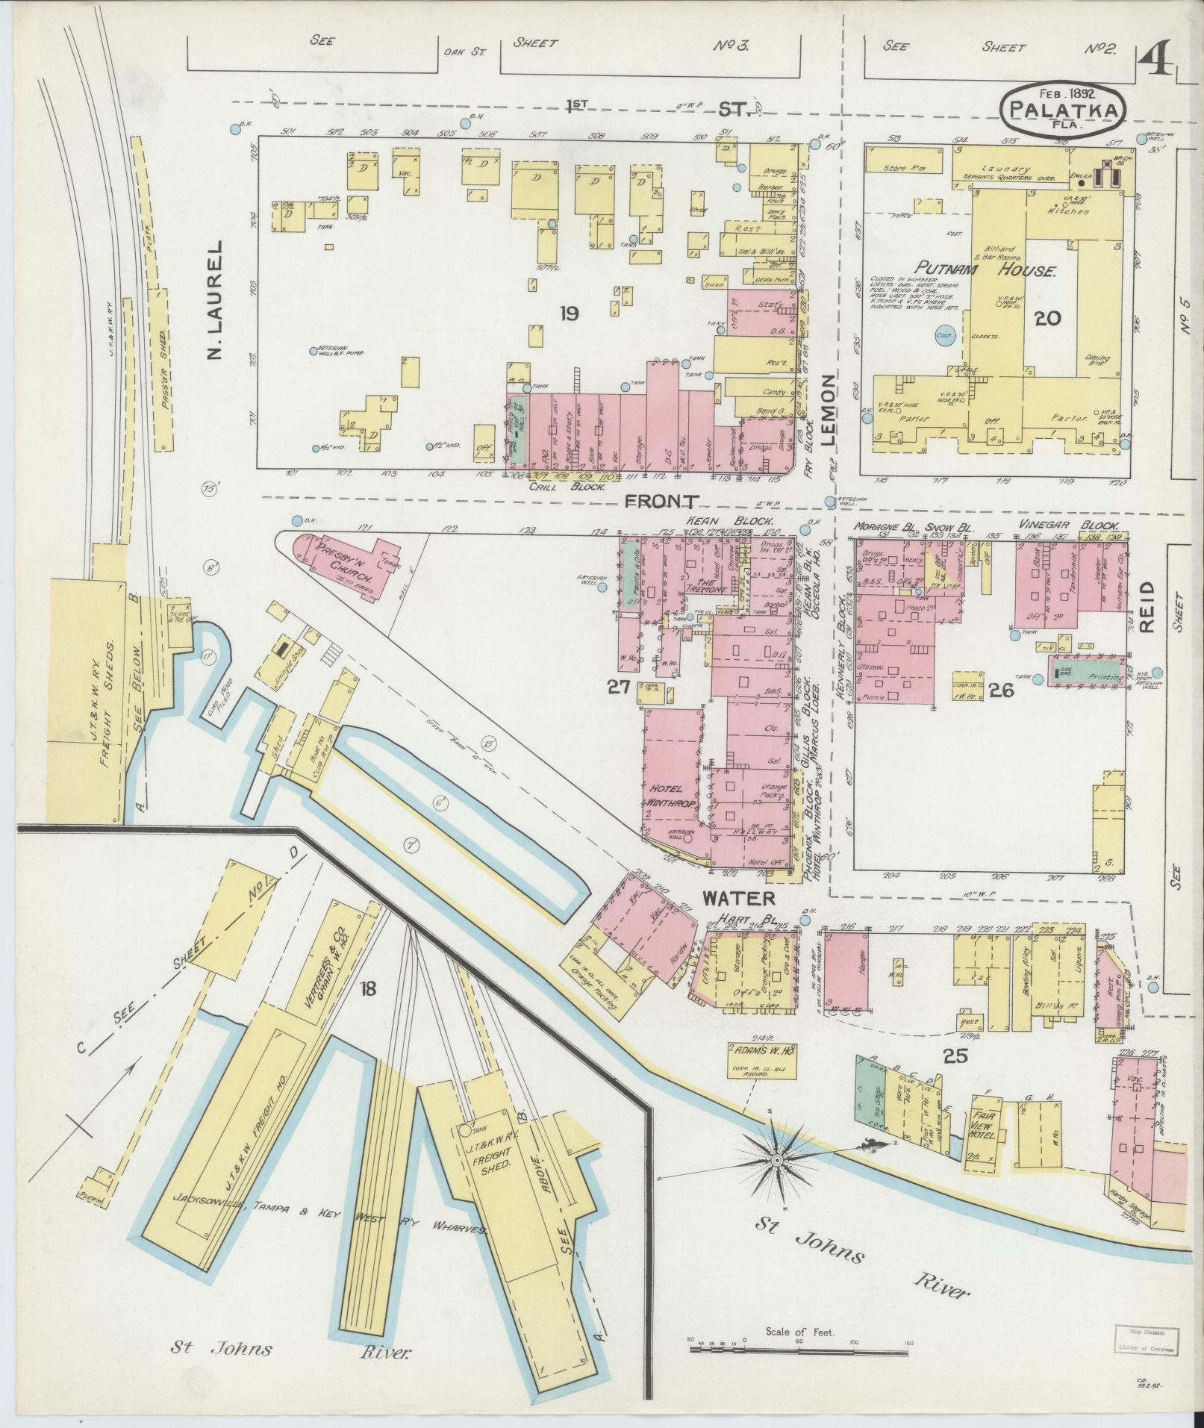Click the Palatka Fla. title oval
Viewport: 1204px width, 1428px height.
(x=1061, y=110)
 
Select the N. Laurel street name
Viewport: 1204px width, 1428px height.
(x=216, y=300)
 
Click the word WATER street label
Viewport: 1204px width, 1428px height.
(x=738, y=898)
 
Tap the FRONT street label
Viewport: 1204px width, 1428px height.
(x=662, y=501)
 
